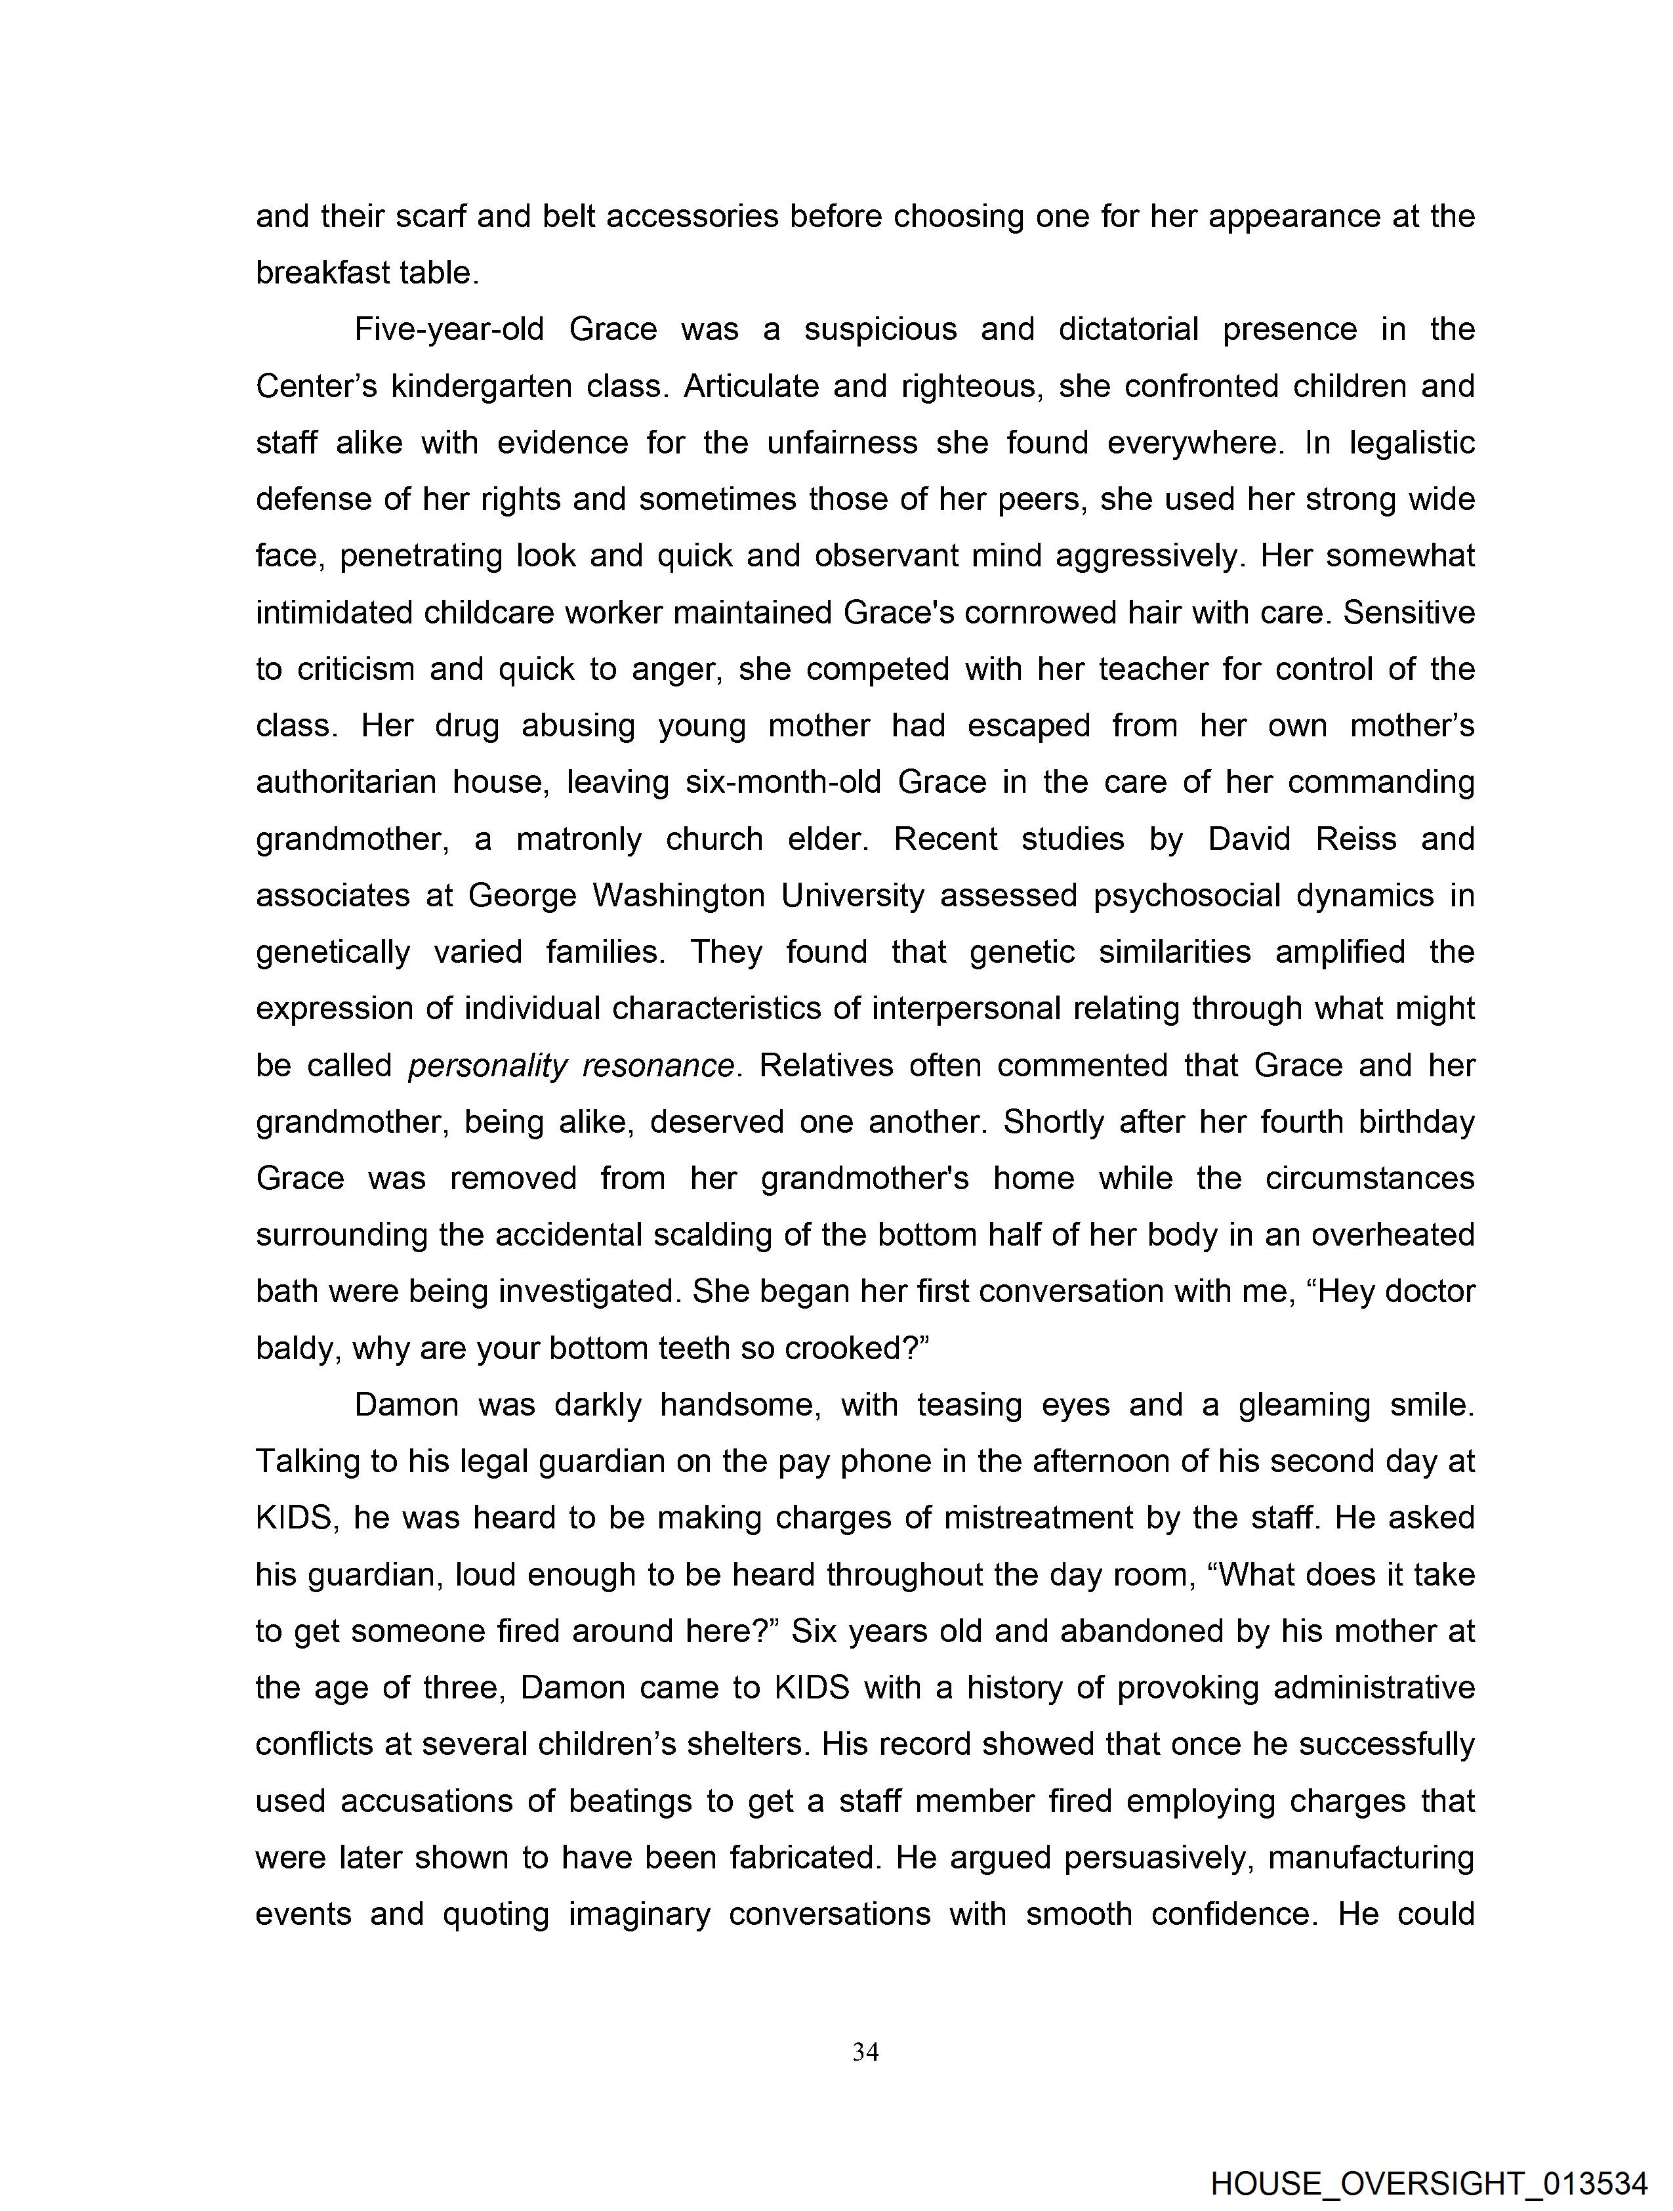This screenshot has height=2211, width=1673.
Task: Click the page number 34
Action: click(x=865, y=2053)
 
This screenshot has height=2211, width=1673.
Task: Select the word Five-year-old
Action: click(x=449, y=330)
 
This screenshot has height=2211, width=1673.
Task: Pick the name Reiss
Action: click(x=1356, y=839)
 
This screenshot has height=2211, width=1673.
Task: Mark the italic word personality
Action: click(x=487, y=1066)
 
